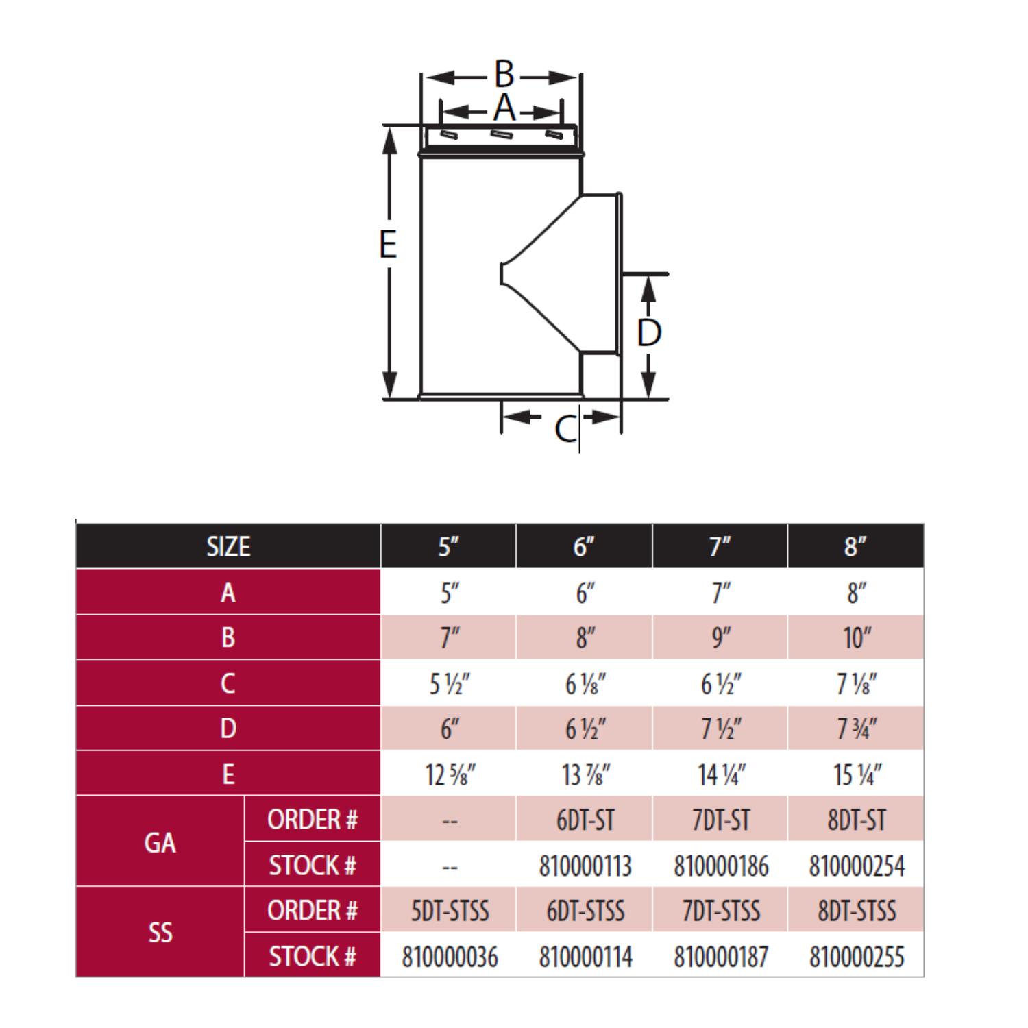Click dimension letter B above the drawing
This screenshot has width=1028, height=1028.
(x=504, y=74)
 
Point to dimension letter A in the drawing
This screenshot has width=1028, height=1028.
(x=504, y=108)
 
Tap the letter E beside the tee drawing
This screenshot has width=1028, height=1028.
(x=388, y=245)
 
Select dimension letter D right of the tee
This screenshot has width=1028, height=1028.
(x=648, y=332)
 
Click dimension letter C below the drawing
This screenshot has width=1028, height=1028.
(x=565, y=429)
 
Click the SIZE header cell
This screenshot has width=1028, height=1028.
(x=228, y=547)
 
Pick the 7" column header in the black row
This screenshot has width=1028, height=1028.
(x=720, y=547)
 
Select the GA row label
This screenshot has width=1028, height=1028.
(x=160, y=842)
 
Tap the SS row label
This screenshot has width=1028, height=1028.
(x=160, y=933)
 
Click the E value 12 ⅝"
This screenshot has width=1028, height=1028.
(x=450, y=775)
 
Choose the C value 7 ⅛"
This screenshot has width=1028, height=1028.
(x=856, y=684)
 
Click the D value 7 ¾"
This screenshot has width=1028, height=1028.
(x=856, y=729)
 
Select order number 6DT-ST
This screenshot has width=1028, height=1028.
(x=585, y=820)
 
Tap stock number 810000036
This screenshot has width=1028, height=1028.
(x=450, y=957)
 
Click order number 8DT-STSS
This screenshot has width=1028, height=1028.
(x=856, y=911)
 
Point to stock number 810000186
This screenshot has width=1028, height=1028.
(x=720, y=866)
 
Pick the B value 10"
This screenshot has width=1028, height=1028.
(x=856, y=638)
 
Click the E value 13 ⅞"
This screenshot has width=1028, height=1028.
(x=585, y=775)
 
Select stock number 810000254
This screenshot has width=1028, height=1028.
(x=856, y=866)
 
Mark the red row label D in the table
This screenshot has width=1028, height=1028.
(x=228, y=729)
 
